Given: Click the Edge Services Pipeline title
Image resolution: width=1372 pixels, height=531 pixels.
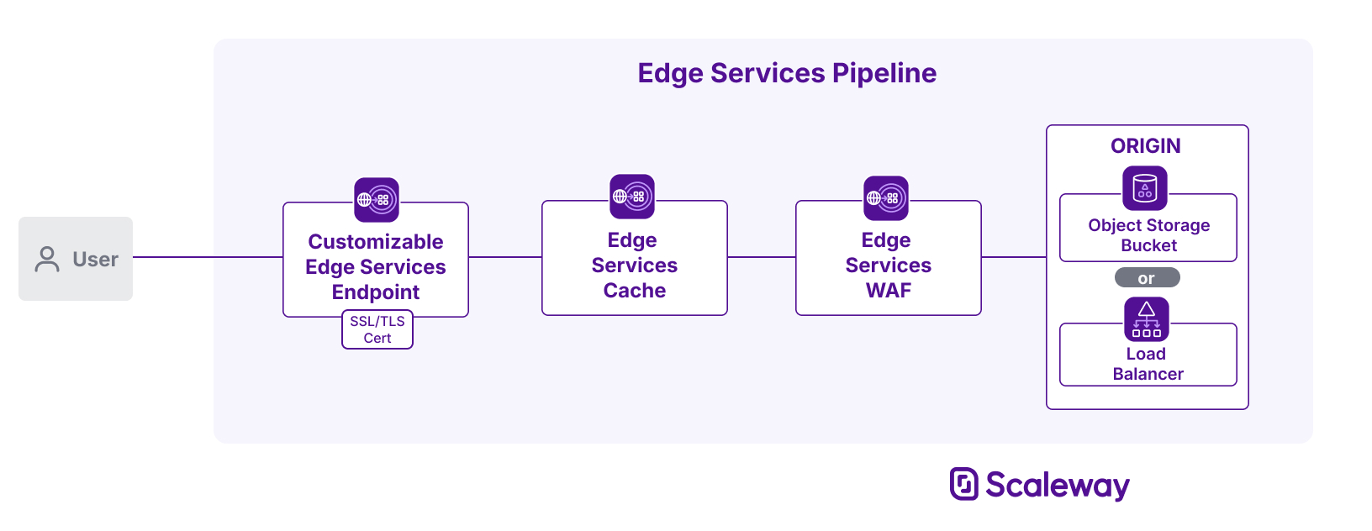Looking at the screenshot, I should (x=786, y=73).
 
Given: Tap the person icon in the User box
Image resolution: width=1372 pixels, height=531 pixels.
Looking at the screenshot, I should (x=47, y=259).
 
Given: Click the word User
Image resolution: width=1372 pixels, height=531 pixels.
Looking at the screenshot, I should (x=95, y=260).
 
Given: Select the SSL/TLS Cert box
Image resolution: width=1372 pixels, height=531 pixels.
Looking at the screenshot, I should (x=377, y=329).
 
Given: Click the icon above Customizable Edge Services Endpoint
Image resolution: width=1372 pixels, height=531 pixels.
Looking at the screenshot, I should (x=376, y=199).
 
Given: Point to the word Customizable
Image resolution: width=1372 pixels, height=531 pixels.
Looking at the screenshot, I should (x=375, y=242).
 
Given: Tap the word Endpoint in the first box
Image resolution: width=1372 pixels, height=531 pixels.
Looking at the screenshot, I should (x=375, y=292).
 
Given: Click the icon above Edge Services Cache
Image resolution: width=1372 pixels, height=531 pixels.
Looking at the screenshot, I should (x=631, y=197).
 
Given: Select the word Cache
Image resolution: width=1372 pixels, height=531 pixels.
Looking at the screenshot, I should (x=634, y=291).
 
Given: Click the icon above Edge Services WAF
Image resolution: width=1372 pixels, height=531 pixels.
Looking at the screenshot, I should (x=885, y=198).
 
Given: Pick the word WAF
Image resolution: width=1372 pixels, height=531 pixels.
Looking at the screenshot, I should (x=888, y=291).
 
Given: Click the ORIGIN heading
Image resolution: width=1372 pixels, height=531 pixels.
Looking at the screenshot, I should (x=1145, y=146).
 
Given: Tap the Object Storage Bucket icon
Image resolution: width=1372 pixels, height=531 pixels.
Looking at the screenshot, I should (x=1144, y=187).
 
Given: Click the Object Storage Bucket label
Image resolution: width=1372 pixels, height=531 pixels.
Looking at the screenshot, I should (x=1148, y=235).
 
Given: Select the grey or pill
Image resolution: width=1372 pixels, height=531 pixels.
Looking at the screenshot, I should (x=1147, y=278).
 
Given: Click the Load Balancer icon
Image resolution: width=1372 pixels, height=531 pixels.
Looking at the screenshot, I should (x=1146, y=319).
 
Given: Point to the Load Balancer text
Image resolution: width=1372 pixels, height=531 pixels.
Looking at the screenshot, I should (x=1148, y=364).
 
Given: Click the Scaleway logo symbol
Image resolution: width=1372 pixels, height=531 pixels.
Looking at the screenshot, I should (x=963, y=484).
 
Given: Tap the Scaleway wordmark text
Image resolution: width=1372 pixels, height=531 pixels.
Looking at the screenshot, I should (x=1057, y=486).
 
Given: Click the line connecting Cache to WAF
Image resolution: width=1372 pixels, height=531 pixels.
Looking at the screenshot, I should (x=761, y=257).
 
